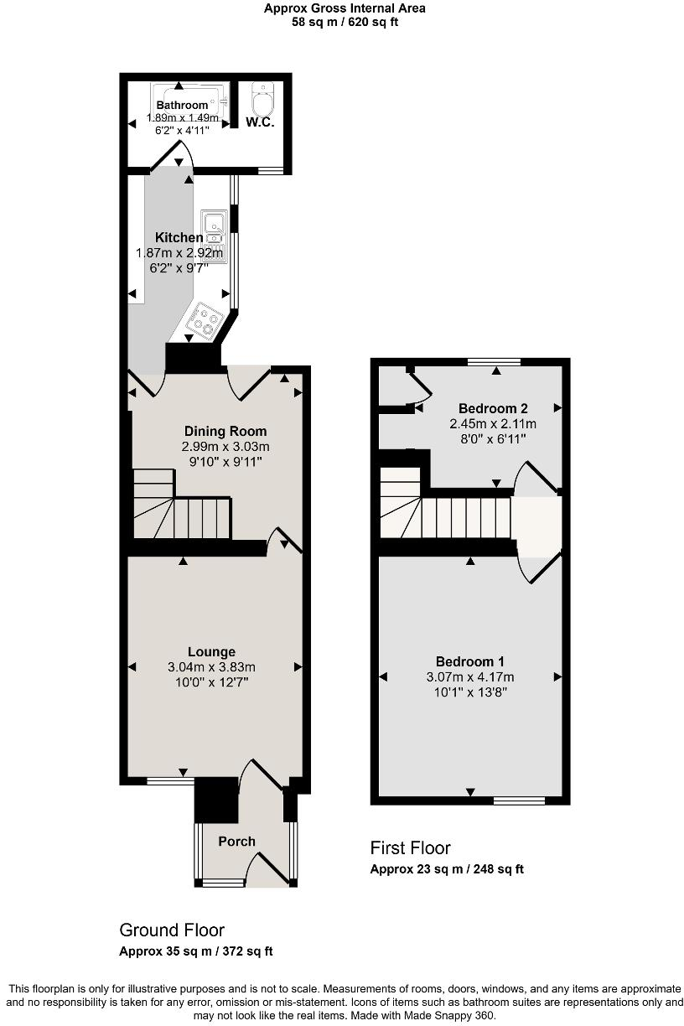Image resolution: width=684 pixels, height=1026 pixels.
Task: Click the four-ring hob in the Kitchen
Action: (205, 319)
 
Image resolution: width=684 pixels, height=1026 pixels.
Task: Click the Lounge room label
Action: (211, 651)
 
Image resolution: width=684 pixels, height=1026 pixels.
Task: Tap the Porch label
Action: (236, 842)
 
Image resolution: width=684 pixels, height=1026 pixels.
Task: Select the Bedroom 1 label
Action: (469, 661)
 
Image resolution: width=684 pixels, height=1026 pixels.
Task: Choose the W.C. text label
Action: (261, 123)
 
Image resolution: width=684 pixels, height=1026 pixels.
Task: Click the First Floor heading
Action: (410, 848)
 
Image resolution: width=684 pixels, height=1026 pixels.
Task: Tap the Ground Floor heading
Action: (172, 930)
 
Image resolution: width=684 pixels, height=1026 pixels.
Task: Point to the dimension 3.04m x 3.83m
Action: (211, 667)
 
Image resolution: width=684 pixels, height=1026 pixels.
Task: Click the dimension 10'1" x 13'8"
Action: (469, 692)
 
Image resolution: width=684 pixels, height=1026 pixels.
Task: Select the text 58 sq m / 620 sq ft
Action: (345, 22)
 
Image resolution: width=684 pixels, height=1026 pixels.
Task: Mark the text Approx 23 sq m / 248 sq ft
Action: (447, 869)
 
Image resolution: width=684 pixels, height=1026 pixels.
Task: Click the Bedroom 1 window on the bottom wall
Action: (519, 801)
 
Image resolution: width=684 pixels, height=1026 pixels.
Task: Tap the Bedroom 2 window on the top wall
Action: (494, 362)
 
